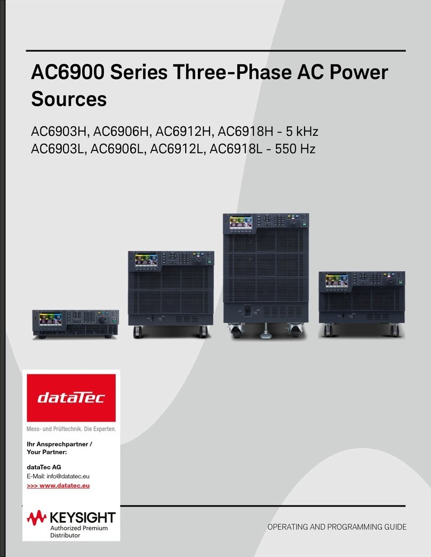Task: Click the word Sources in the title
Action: [x=69, y=99]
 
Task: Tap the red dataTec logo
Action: [x=71, y=397]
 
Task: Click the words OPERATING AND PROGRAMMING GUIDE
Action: [x=337, y=527]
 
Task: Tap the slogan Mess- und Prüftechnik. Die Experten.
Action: [x=71, y=428]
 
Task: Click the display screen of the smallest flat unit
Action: [x=53, y=319]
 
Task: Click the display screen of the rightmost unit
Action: [x=336, y=281]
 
